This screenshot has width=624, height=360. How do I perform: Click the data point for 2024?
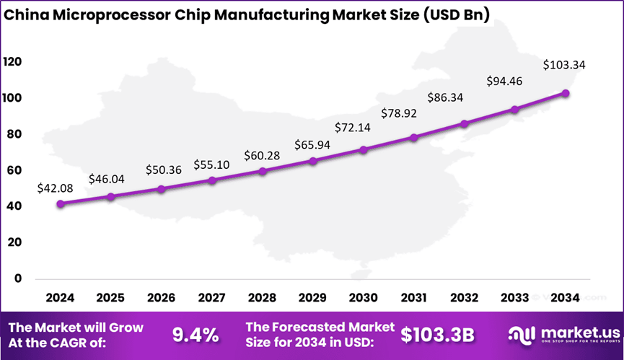tap(60, 204)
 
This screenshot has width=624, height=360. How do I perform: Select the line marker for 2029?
tap(313, 161)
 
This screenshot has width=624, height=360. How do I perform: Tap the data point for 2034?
tap(566, 93)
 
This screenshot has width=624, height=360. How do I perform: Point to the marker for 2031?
tap(414, 137)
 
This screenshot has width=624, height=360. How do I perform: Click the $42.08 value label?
tap(55, 188)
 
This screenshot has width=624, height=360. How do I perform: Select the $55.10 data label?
tap(211, 164)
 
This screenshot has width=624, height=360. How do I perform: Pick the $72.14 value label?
tap(353, 128)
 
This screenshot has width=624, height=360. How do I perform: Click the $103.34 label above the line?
tap(563, 65)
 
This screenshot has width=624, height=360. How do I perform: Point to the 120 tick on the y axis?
tap(12, 62)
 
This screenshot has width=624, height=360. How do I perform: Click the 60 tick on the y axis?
tap(15, 170)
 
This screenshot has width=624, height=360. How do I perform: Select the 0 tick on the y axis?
tap(18, 278)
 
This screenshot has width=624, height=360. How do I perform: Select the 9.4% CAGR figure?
tap(195, 334)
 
